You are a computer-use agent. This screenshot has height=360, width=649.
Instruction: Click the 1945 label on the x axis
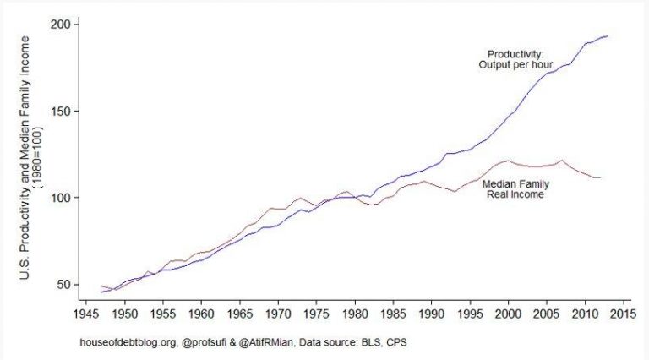coord(86,314)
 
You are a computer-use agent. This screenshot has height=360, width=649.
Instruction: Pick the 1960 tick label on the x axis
coord(201,314)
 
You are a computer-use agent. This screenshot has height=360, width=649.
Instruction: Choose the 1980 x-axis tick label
coord(355,314)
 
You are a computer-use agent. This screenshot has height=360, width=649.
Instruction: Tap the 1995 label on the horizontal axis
coord(470,314)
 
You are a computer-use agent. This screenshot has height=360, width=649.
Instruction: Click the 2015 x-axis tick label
coord(624,314)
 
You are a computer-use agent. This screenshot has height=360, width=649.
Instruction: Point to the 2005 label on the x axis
coord(547,314)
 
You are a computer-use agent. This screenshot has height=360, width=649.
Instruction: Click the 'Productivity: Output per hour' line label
coord(515,60)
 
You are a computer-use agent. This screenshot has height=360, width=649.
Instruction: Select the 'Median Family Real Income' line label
coord(515,189)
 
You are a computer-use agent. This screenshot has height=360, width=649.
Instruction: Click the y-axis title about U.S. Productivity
coord(25,158)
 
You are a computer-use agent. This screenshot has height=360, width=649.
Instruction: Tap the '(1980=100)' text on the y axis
coord(38,158)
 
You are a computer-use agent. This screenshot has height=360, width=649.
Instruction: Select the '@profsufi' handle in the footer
coord(204,342)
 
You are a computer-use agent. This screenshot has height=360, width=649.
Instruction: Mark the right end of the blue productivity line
coord(608,36)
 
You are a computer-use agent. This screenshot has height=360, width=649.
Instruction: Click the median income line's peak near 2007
coord(562,161)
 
